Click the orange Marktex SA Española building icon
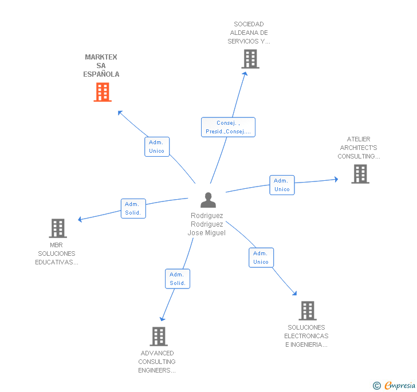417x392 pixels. tap(103, 92)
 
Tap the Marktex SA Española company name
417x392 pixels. tap(101, 66)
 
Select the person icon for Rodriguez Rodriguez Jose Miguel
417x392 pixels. tap(208, 200)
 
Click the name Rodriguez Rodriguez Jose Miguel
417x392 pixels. tap(207, 224)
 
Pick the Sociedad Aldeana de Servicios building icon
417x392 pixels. tap(250, 59)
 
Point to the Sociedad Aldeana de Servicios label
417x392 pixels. tap(249, 33)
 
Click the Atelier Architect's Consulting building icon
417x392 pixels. tap(360, 174)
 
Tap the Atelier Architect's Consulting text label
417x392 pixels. tap(359, 148)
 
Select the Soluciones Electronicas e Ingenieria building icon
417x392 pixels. tap(308, 311)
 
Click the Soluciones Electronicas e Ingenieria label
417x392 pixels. tap(306, 336)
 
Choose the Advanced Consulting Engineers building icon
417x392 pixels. tap(159, 336)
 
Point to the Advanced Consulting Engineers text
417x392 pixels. tap(157, 362)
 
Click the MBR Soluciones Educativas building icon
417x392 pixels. tap(58, 228)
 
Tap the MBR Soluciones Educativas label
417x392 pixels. tap(57, 254)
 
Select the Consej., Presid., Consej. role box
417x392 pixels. tap(228, 127)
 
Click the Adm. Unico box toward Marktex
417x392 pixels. tap(156, 146)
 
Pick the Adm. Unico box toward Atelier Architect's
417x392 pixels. tap(282, 185)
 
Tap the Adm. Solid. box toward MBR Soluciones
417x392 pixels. tap(133, 208)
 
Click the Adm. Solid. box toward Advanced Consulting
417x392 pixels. tap(177, 279)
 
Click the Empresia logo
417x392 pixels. tap(396, 386)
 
